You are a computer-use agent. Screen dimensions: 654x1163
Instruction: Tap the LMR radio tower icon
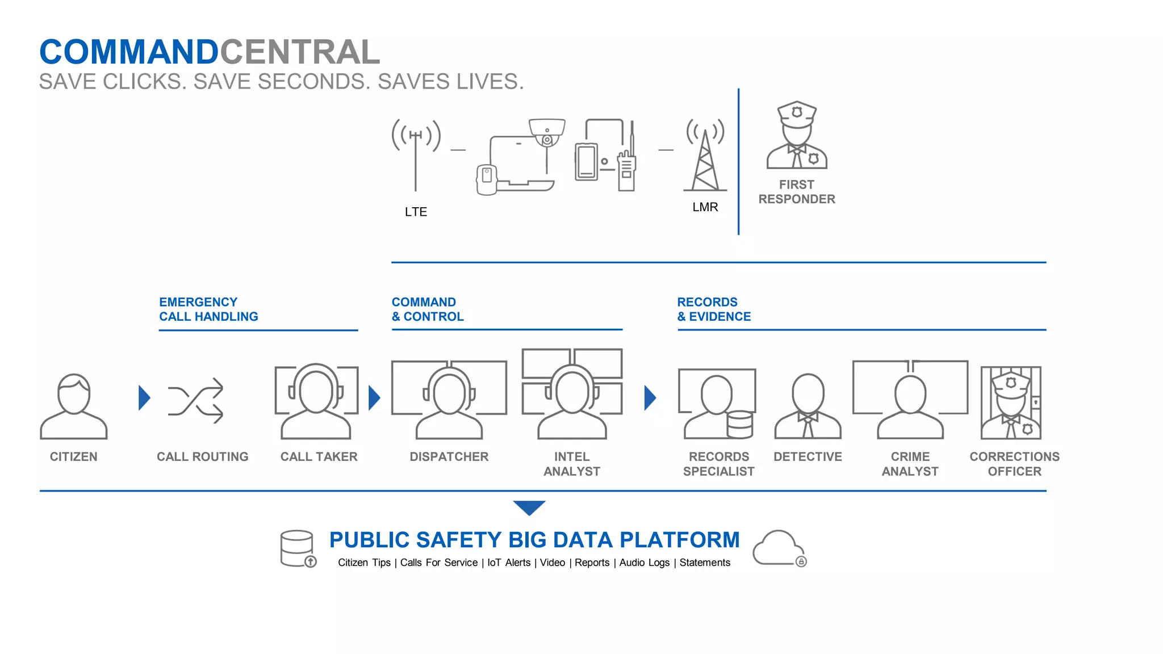705,156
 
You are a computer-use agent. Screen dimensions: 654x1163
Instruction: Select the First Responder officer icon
797,136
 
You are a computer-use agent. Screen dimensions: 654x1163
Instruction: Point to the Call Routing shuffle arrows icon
195,400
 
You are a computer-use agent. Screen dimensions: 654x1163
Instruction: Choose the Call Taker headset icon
316,401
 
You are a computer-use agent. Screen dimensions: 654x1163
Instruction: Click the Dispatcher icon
449,401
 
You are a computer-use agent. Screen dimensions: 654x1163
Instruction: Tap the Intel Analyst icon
572,395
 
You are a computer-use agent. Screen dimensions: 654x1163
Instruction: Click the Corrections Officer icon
1011,403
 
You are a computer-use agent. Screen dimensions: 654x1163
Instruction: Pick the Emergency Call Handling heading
208,309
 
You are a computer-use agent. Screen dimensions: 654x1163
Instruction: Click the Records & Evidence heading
714,309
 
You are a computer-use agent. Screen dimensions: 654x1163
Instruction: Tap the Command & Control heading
428,309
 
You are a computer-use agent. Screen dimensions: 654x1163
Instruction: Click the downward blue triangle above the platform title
529,507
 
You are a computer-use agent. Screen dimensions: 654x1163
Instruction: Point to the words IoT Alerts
509,563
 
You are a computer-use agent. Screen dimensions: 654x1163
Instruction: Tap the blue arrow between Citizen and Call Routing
144,398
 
